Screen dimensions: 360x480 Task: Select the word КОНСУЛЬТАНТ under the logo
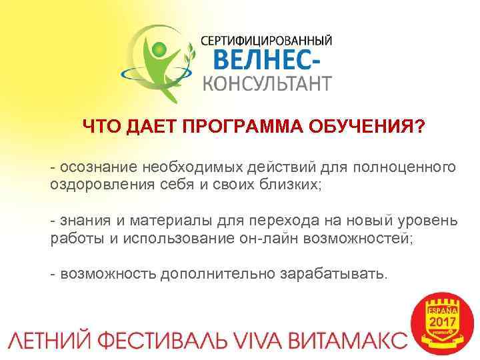coord(267,84)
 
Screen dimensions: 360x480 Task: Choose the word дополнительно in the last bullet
coord(214,274)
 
